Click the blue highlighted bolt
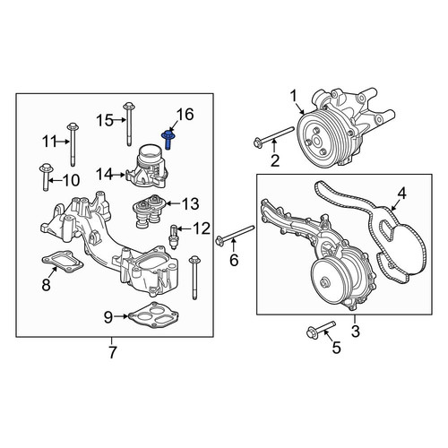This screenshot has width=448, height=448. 168,140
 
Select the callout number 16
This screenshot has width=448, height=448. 185,115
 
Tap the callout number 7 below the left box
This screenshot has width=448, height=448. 112,352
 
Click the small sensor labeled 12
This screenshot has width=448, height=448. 173,237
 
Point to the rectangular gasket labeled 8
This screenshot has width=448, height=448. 63,262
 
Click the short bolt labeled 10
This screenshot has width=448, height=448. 46,177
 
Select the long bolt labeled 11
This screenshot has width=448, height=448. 73,144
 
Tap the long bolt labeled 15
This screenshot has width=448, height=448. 129,124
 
